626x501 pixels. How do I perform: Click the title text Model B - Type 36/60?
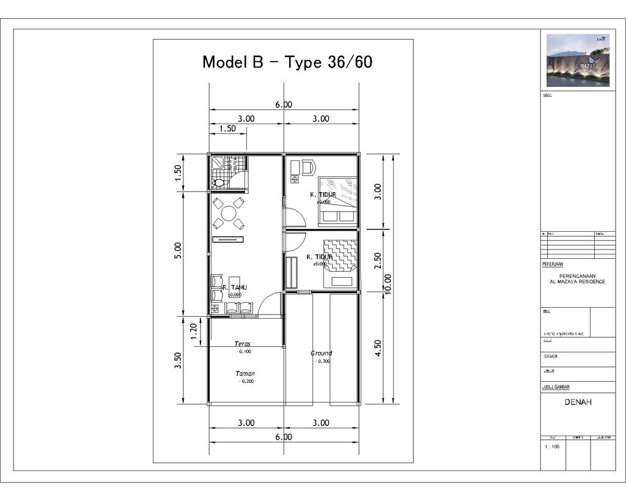pos(287,62)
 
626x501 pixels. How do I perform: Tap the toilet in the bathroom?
pos(218,183)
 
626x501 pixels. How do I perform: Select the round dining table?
pos(229,213)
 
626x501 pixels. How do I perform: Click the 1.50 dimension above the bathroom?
pos(227,129)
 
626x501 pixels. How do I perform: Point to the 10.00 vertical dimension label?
pos(388,284)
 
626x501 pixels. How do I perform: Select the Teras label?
pos(243,344)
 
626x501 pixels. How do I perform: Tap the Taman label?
pos(245,373)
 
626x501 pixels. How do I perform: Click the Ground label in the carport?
pos(321,353)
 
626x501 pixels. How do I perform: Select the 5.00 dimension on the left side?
pos(178,251)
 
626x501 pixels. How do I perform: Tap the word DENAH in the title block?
pos(578,403)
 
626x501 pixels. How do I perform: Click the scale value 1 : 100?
pos(552,447)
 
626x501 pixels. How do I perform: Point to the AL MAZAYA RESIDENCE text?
pos(578,282)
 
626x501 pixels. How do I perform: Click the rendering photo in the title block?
pos(578,60)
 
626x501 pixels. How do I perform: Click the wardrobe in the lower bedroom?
pos(292,273)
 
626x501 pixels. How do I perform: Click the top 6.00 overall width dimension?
pos(284,105)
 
